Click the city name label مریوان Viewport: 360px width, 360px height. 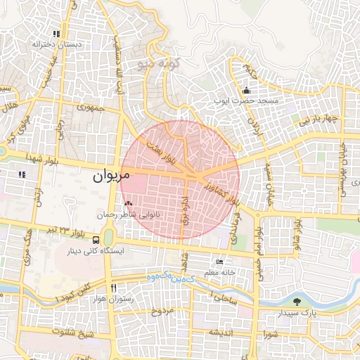(111, 178)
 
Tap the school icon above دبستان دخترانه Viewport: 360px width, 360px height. (56, 34)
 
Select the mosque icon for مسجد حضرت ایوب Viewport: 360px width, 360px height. (246, 91)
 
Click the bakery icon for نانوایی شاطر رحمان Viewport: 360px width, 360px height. (127, 203)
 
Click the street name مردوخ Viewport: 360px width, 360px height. (162, 311)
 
